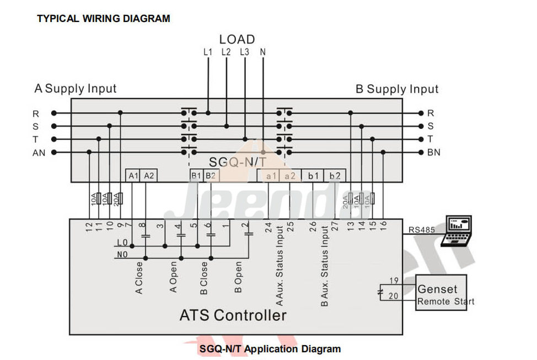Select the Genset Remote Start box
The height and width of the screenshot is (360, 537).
441,293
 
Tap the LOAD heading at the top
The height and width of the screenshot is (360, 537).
237,39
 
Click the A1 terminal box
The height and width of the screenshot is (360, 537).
133,175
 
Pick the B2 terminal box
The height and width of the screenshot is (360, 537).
211,175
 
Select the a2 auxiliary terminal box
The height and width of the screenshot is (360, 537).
290,175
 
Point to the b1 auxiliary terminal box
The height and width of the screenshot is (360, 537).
313,175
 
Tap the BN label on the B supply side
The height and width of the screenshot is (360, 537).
433,153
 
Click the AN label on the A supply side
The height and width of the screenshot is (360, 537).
39,153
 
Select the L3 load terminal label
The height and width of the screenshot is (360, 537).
245,52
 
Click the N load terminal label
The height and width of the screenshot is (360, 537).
263,52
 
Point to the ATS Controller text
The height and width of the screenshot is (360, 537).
233,315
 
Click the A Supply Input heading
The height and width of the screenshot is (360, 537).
76,88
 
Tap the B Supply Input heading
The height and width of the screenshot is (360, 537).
396,89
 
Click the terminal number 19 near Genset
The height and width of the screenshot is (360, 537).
394,281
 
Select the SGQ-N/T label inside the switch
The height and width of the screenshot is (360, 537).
238,162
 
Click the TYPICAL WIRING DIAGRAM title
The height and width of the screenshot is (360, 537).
103,19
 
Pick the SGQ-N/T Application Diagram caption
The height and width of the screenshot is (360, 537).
270,349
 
